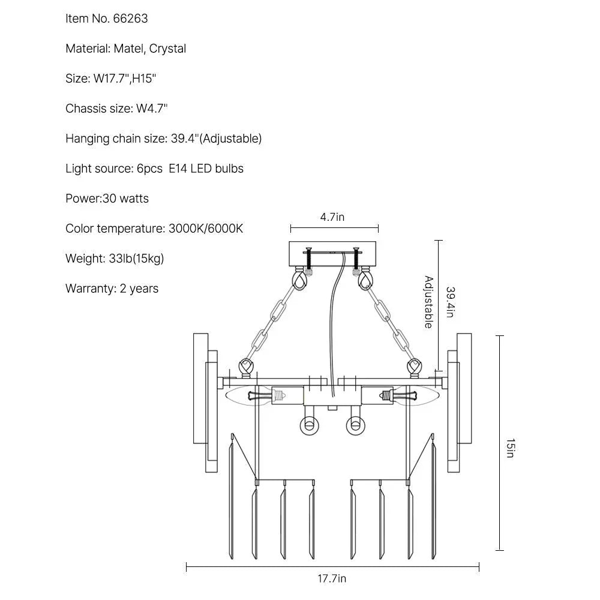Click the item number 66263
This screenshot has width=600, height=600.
[x=130, y=19]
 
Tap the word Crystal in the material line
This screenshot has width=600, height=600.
[x=167, y=49]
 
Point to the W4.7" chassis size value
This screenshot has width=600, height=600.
[x=152, y=109]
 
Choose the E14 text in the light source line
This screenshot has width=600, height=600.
[x=178, y=169]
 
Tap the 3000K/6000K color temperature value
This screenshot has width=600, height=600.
[x=206, y=229]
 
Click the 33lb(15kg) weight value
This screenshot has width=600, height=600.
[x=136, y=259]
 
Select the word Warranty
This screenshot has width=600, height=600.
[x=91, y=289]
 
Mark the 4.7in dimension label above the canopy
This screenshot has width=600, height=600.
[x=332, y=217]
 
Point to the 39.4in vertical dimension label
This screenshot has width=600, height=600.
[x=451, y=302]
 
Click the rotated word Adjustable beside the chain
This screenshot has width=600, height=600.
[x=429, y=302]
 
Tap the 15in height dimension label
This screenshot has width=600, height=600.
[x=511, y=448]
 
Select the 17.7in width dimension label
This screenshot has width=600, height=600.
[x=332, y=578]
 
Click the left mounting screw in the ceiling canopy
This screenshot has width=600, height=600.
[x=309, y=260]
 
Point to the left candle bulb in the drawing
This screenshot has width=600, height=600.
[x=249, y=395]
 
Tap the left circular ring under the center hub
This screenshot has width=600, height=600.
[x=309, y=425]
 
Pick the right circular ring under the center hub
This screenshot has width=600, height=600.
[x=355, y=425]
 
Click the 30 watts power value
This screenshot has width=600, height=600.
[x=125, y=199]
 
